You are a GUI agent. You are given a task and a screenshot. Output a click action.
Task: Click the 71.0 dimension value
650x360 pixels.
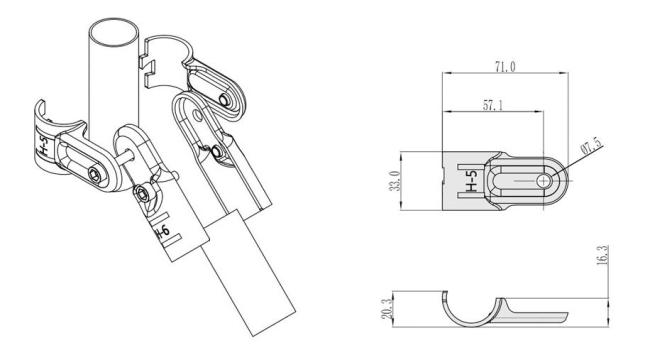coord(505,66)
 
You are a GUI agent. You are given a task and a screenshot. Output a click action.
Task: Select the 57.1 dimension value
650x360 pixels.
coord(492,105)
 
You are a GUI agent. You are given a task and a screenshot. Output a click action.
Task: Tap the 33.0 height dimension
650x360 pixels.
coord(395,181)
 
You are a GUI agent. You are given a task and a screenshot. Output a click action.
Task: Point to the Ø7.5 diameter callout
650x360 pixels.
coord(592,147)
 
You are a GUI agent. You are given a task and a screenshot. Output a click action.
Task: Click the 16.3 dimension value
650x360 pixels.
coord(604,255)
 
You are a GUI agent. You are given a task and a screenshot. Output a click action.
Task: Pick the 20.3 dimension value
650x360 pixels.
coord(386,309)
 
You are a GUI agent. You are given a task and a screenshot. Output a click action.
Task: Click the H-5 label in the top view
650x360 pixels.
coord(472,181)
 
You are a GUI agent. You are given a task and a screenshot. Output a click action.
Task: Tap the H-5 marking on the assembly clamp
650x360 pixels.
coord(43,146)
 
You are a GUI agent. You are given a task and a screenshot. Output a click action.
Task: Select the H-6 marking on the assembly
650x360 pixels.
coord(162,233)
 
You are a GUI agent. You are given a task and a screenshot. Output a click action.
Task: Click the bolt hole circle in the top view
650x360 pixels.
coord(543,181)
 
